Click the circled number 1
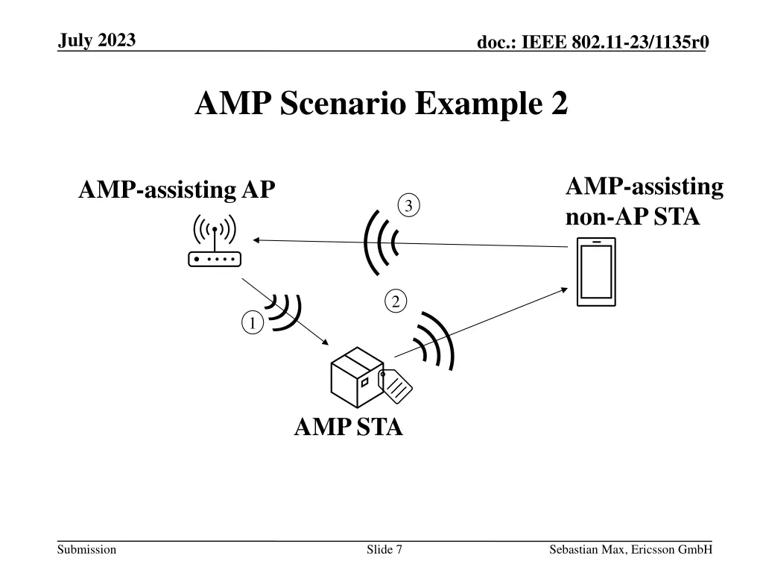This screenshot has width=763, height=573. click(253, 323)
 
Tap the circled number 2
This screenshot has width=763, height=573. click(396, 301)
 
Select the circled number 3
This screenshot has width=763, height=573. click(409, 205)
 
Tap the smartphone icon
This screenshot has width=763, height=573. click(596, 272)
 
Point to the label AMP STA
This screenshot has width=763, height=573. click(349, 427)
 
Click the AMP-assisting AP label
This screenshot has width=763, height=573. click(177, 190)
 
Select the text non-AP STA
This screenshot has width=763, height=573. click(633, 216)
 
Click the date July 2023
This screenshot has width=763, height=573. click(97, 40)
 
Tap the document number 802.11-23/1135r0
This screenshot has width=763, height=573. click(640, 42)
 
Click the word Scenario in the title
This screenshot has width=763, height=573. click(343, 103)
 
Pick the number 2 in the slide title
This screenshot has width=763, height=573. click(560, 103)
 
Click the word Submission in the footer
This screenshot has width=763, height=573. click(86, 550)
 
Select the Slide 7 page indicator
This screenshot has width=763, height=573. click(384, 550)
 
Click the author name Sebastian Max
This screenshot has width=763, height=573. click(587, 550)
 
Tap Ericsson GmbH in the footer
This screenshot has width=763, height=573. click(672, 550)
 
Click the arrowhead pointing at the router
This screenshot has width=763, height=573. click(256, 239)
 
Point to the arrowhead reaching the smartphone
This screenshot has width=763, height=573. click(565, 290)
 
